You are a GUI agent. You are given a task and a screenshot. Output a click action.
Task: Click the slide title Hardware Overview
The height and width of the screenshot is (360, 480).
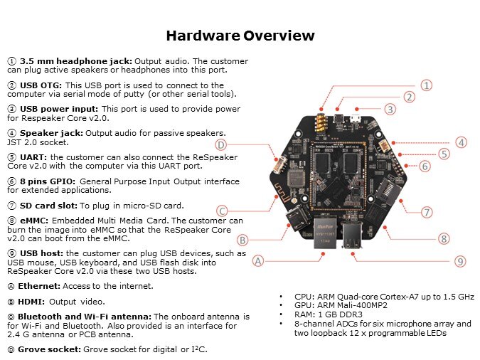tap(240, 36)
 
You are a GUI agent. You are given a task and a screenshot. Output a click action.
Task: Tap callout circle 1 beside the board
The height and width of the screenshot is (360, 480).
tap(427, 85)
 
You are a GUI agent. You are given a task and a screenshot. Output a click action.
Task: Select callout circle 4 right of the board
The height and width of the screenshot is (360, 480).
tap(461, 142)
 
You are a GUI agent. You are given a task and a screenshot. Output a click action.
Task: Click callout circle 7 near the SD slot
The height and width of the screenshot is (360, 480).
tap(427, 212)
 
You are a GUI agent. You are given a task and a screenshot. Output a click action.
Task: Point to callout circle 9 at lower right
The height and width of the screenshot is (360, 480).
tap(460, 261)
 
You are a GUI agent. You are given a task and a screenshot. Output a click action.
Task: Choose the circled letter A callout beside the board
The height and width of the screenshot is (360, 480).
tap(257, 261)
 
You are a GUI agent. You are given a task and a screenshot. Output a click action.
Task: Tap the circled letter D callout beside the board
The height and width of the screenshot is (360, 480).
tap(220, 144)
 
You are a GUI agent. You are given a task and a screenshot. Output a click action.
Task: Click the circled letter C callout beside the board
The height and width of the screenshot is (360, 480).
tap(222, 211)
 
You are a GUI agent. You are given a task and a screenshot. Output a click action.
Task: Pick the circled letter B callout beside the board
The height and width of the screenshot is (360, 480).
tap(242, 240)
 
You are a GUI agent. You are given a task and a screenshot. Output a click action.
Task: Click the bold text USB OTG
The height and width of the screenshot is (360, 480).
tap(41, 85)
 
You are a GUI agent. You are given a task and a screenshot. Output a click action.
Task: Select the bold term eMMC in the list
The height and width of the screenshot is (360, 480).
tap(34, 221)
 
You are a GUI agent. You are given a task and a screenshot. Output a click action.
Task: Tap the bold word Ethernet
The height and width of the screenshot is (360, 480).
tap(39, 286)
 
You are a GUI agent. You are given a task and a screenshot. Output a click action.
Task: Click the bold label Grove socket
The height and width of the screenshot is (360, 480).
tap(49, 349)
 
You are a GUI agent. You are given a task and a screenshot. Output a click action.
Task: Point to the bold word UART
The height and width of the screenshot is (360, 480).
tap(33, 157)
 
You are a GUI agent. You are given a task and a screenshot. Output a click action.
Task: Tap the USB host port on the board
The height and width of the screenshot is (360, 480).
tap(352, 234)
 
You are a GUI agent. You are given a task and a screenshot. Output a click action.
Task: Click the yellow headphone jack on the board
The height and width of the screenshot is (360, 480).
tap(321, 123)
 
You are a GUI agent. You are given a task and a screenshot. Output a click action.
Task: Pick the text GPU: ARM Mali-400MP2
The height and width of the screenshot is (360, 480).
tap(341, 305)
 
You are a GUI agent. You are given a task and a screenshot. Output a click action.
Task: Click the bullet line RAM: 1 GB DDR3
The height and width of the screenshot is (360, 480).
tap(328, 314)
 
